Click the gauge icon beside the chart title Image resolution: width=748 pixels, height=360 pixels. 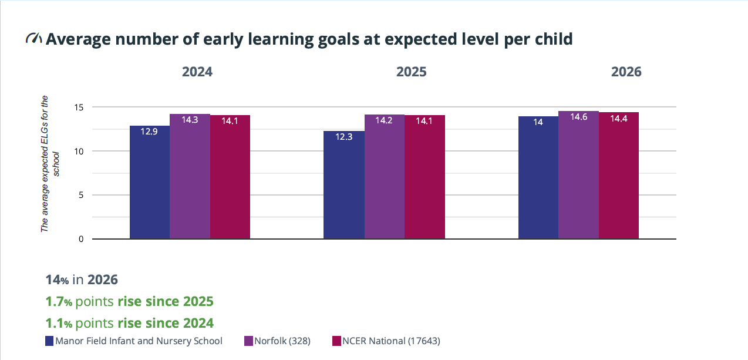click(x=33, y=38)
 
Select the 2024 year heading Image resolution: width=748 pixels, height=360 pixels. click(x=197, y=72)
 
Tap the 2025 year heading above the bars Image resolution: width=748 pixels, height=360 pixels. click(x=412, y=72)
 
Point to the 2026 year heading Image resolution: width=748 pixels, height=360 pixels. click(x=626, y=72)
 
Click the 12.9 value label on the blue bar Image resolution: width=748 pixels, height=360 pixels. click(x=149, y=132)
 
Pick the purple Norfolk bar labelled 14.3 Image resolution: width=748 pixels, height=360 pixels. click(x=190, y=176)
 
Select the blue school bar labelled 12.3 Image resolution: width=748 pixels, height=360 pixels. click(x=344, y=185)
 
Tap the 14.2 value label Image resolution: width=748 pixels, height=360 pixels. click(x=383, y=120)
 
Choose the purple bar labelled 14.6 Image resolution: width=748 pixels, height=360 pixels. click(x=578, y=175)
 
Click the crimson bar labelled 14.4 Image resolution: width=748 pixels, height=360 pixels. click(x=619, y=176)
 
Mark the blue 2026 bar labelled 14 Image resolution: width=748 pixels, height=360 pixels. click(x=538, y=178)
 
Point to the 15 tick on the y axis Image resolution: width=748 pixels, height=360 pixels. click(x=79, y=107)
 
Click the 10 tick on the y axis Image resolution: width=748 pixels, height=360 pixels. click(x=79, y=152)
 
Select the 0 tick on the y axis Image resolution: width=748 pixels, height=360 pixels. click(x=81, y=239)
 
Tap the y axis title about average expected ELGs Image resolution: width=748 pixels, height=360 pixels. click(x=50, y=164)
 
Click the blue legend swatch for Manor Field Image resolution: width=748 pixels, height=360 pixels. click(x=49, y=341)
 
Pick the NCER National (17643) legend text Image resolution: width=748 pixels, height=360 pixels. click(x=392, y=341)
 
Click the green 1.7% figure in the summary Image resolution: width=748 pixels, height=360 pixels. click(x=59, y=301)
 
